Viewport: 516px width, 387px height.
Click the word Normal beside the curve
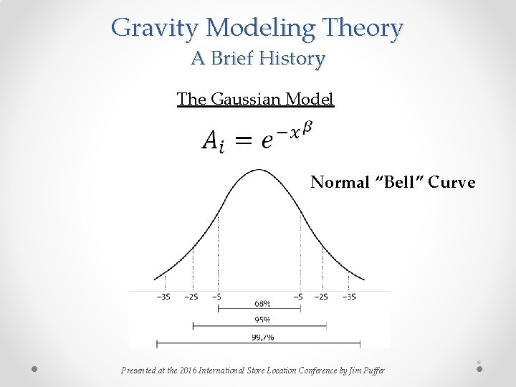pyautogui.click(x=340, y=183)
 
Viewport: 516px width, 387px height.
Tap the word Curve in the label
pyautogui.click(x=451, y=183)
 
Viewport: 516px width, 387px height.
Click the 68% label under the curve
pyautogui.click(x=262, y=302)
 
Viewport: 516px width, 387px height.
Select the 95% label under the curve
pyautogui.click(x=262, y=320)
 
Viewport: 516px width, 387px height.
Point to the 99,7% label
pyautogui.click(x=262, y=336)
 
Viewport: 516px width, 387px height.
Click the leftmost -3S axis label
pyautogui.click(x=163, y=296)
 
